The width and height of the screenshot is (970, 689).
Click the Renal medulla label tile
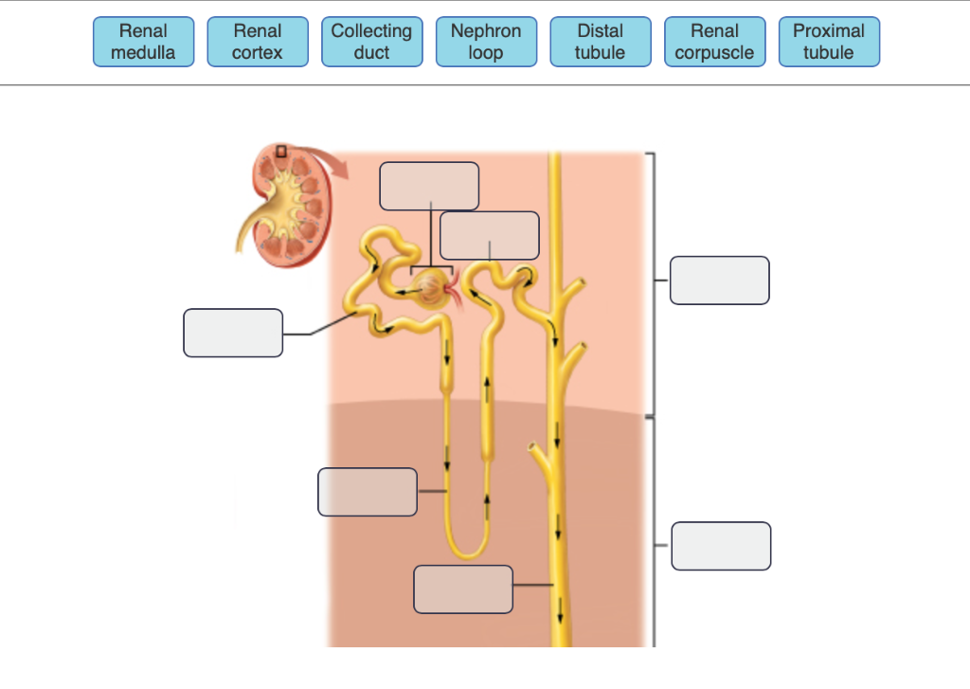[143, 42]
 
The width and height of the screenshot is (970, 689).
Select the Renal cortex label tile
[258, 42]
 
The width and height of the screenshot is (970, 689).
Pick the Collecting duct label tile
[371, 42]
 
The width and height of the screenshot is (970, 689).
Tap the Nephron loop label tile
[486, 42]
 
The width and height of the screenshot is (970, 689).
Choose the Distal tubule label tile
[601, 42]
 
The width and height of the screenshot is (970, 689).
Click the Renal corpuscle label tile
[714, 42]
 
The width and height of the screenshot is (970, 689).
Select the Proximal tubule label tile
[829, 42]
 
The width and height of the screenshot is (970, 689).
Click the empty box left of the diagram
[233, 333]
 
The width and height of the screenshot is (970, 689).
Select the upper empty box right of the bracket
[719, 281]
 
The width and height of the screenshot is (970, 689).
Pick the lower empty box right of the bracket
[721, 546]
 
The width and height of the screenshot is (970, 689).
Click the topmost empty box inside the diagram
[429, 186]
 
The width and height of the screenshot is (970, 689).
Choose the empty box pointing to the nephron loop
[368, 492]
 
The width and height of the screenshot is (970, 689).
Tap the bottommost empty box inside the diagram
[463, 589]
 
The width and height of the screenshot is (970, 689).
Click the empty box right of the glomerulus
[490, 235]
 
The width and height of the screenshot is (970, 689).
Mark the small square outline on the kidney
[281, 151]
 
